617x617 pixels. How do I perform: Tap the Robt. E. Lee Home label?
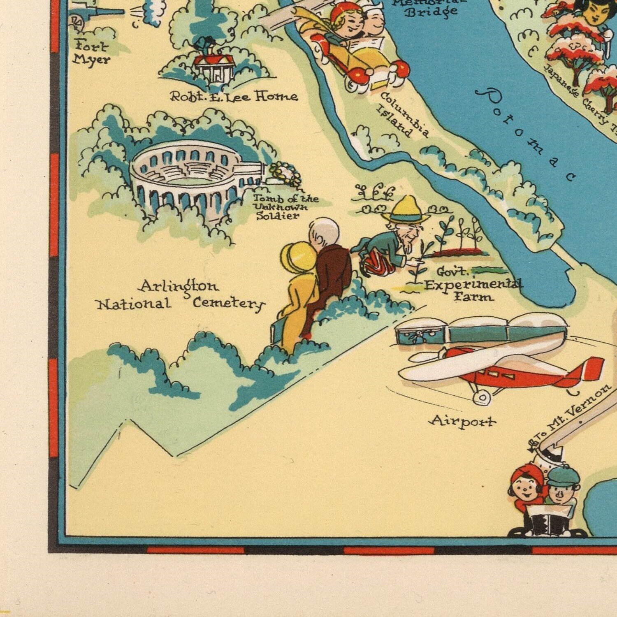click(234, 96)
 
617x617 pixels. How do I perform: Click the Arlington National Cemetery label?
click(180, 295)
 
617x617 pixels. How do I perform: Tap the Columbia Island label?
click(403, 115)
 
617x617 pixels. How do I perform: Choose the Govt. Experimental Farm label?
click(473, 284)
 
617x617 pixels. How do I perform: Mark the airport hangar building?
click(481, 329)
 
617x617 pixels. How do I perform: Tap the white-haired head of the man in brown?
click(325, 232)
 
